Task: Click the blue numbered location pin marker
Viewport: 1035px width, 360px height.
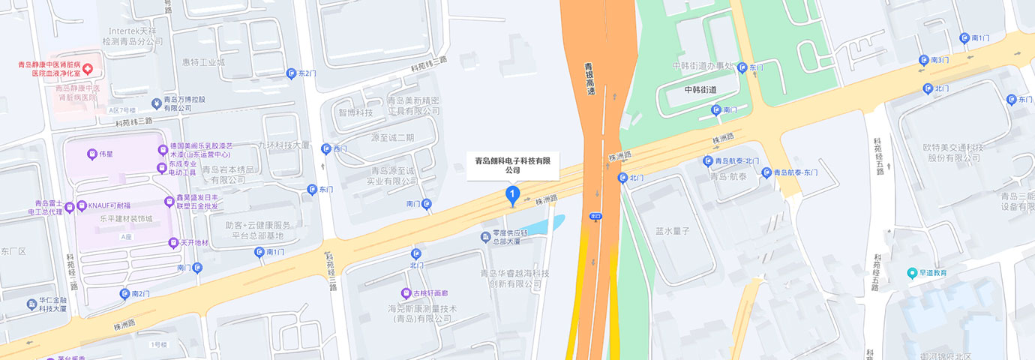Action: click(x=512, y=196)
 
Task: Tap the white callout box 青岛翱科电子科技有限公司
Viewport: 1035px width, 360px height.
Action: click(x=513, y=165)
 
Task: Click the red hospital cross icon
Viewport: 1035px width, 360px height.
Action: click(x=88, y=69)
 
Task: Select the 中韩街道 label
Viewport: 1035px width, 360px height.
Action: click(x=700, y=90)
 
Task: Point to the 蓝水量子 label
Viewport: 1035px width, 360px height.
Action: click(x=671, y=231)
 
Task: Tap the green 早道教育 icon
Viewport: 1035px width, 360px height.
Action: click(x=912, y=273)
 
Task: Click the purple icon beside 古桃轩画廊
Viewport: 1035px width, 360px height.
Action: click(x=406, y=293)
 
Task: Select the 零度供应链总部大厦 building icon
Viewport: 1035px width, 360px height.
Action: click(x=484, y=237)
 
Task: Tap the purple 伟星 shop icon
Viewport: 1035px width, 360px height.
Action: click(x=91, y=154)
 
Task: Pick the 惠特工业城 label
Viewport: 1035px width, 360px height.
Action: click(x=203, y=62)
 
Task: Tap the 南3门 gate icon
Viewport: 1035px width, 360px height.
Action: click(x=924, y=60)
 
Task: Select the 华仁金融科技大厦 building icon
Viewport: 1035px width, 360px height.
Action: click(x=31, y=304)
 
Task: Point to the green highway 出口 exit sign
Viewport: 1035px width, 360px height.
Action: click(x=596, y=216)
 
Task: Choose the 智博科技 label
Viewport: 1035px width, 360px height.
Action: click(x=355, y=113)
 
